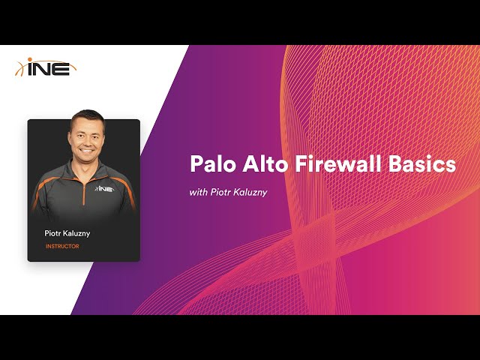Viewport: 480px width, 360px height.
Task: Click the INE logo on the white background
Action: [x=46, y=67]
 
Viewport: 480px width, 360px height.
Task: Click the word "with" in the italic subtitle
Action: [x=198, y=193]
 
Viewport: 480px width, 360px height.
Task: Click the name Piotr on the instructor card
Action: [x=55, y=233]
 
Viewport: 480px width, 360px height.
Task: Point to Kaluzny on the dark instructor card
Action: [x=77, y=233]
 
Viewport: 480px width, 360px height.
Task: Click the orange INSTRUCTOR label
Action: [x=62, y=247]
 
